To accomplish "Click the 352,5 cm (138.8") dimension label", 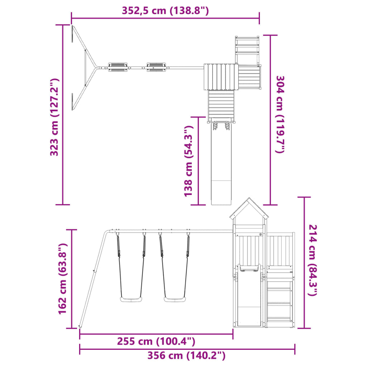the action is [165, 11].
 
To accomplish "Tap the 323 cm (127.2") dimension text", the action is [54, 117].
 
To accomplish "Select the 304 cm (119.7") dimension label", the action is [280, 114].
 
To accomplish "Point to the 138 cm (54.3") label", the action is [189, 161].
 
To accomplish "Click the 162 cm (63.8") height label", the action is [63, 278].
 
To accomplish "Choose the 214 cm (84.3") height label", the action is [313, 260].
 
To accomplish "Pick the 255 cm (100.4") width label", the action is [156, 342].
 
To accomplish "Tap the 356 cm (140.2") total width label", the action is [186, 356].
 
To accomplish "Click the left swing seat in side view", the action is [131, 299].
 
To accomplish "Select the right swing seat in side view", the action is [175, 299].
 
